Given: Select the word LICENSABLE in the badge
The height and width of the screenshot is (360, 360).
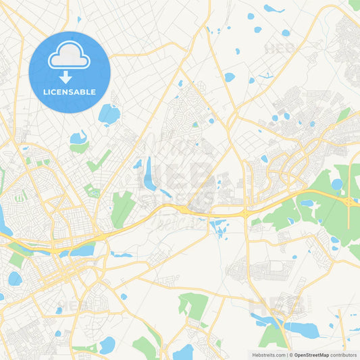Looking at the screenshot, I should pyautogui.click(x=70, y=92).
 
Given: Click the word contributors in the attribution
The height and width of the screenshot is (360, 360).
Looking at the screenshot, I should pyautogui.click(x=344, y=355).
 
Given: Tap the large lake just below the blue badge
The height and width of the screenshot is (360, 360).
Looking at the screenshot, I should pyautogui.click(x=109, y=114).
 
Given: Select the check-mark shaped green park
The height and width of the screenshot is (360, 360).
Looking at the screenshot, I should pyautogui.click(x=99, y=161).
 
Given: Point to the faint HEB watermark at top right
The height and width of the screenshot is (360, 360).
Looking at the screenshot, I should pyautogui.click(x=278, y=49).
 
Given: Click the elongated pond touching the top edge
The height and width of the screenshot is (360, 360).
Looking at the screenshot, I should pyautogui.click(x=274, y=9).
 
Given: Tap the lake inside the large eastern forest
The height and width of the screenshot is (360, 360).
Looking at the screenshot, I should pyautogui.click(x=336, y=184).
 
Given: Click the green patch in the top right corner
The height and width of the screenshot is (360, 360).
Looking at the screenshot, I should pyautogui.click(x=355, y=5).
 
